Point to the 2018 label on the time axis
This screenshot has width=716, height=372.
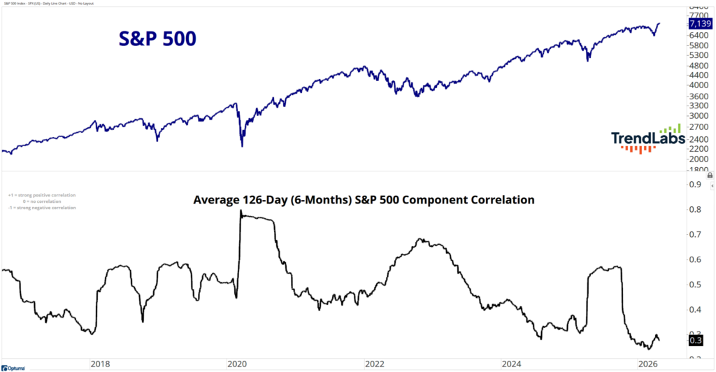pyautogui.click(x=100, y=364)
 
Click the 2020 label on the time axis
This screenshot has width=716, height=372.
pyautogui.click(x=238, y=364)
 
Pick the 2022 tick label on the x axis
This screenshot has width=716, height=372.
pyautogui.click(x=375, y=364)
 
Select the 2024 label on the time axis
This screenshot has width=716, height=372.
pyautogui.click(x=513, y=364)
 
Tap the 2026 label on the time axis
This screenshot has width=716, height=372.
pyautogui.click(x=649, y=364)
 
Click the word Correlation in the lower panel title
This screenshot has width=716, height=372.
pyautogui.click(x=501, y=200)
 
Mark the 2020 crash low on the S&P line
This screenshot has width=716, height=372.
pyautogui.click(x=242, y=146)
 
